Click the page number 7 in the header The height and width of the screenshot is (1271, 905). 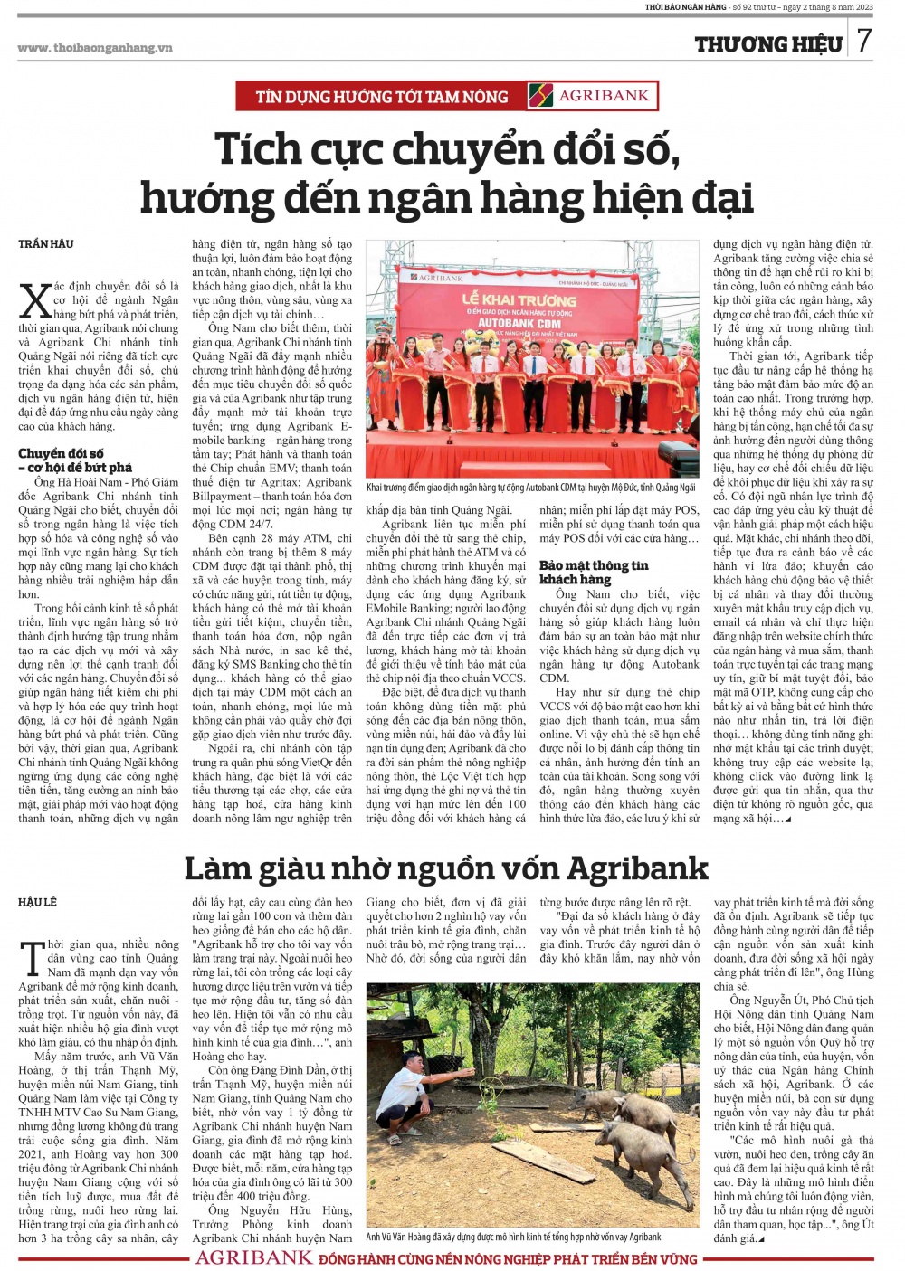(864, 41)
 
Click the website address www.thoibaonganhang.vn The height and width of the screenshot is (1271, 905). (95, 48)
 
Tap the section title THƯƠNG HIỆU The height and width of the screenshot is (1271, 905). (768, 44)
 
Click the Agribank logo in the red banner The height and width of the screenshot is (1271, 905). (594, 96)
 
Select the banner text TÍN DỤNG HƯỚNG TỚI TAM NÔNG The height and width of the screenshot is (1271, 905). (381, 97)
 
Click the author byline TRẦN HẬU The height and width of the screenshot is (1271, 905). (46, 244)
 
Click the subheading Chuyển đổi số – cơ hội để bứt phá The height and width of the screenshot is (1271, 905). (75, 460)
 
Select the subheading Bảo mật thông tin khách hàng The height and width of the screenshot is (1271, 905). (594, 572)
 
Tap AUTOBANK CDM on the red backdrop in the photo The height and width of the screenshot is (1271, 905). (519, 323)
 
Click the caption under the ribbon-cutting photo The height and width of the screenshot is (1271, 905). (530, 488)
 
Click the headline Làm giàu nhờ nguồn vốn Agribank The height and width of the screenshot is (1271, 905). (446, 868)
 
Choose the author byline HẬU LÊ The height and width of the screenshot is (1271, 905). (38, 902)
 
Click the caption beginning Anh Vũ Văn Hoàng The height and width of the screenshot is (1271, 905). (513, 1237)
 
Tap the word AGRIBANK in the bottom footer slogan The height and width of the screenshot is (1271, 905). (254, 1258)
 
